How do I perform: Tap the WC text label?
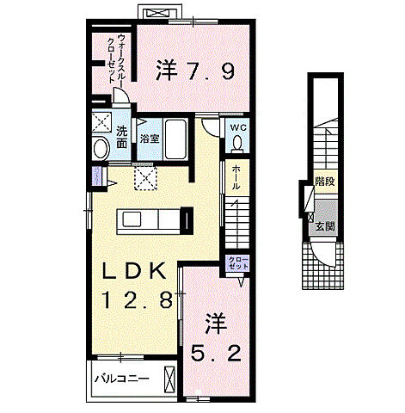[237, 128]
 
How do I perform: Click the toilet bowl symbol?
[237, 145]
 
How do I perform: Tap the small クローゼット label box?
[237, 263]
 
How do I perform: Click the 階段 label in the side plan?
[324, 181]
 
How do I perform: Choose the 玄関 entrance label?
[323, 226]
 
